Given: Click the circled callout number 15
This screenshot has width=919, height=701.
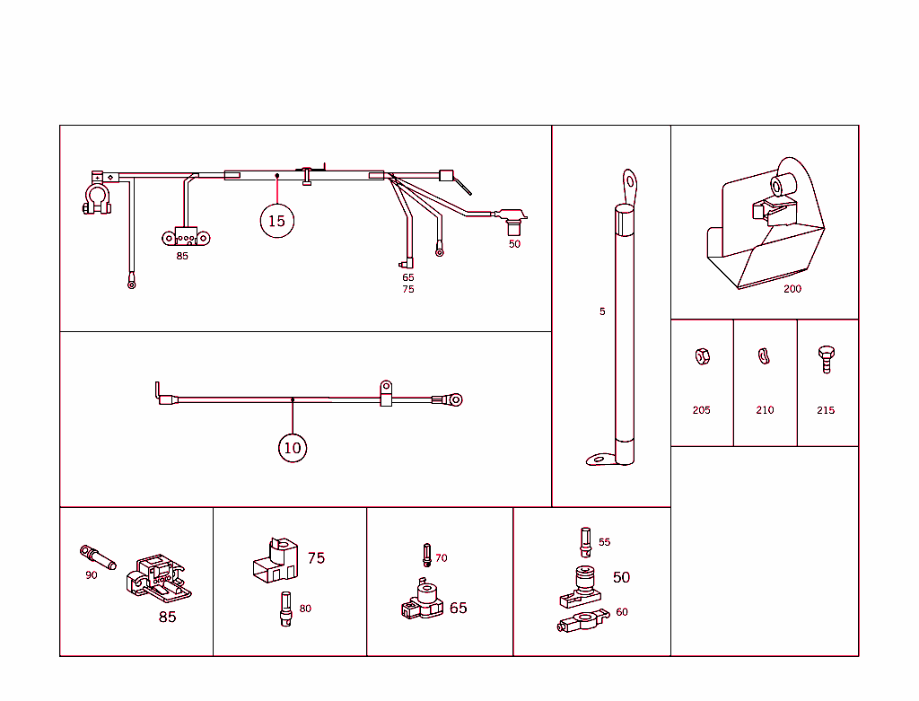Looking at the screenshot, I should [276, 221].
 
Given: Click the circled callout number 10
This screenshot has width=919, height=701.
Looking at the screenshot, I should [293, 448].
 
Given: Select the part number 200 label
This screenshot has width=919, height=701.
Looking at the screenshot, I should [792, 289].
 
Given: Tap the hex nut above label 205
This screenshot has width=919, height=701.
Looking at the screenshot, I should [702, 356].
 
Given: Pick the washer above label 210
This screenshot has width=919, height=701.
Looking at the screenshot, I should [765, 356].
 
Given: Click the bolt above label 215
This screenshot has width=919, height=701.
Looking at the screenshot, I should [826, 358].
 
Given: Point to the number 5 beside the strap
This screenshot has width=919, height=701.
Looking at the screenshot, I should [602, 311].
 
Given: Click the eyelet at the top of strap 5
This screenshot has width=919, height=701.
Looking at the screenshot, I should [630, 180].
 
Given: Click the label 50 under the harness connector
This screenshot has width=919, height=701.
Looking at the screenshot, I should [514, 244].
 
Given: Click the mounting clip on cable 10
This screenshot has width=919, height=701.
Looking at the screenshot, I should [385, 392].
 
